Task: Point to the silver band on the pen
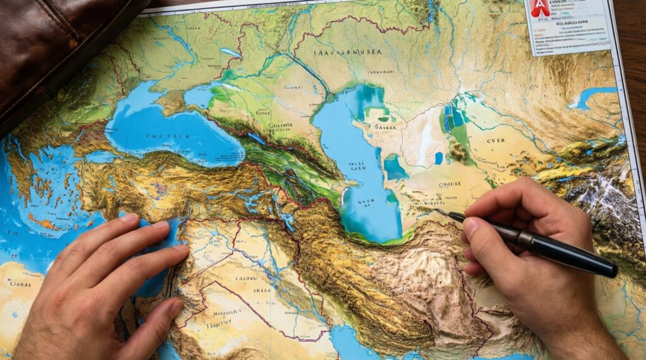click(524, 239)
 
